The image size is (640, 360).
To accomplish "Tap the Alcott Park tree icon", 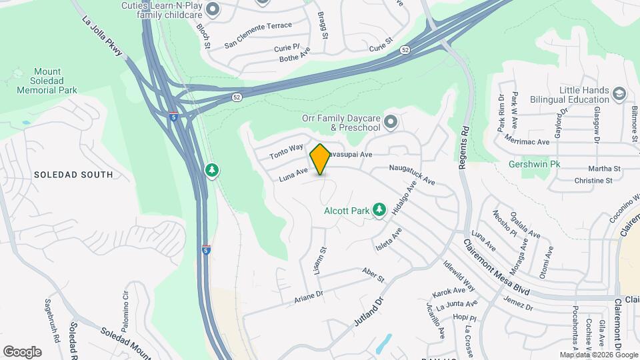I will coord(379,211).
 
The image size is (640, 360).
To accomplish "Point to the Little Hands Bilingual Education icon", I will coord(619,94).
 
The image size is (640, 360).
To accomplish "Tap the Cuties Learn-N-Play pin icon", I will coord(213,9).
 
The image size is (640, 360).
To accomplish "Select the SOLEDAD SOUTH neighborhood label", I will coord(73,175).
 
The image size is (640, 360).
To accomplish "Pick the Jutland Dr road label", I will coord(371,313).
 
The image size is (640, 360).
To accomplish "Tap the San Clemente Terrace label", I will coord(258,26).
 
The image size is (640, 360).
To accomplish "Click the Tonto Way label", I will coord(286,151).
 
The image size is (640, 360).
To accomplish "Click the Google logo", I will coord(22,351).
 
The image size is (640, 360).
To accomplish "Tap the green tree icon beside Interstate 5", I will coord(212,171).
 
